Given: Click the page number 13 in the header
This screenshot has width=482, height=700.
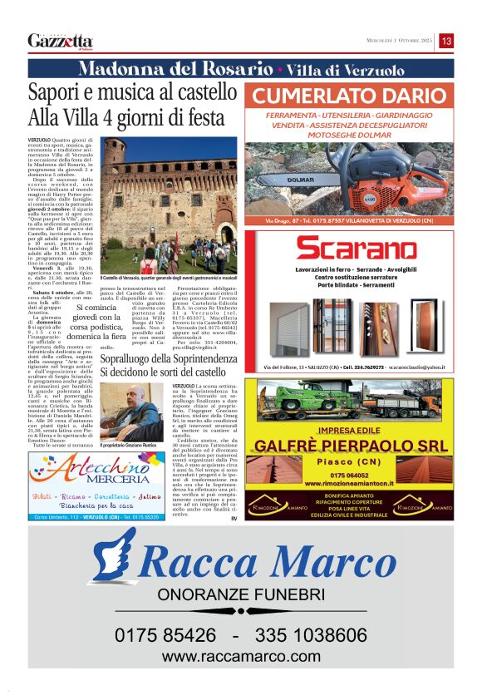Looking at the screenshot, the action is point(446,41).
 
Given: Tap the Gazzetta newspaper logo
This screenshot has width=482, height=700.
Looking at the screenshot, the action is point(60,41).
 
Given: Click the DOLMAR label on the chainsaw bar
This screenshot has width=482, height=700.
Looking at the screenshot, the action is point(300,180).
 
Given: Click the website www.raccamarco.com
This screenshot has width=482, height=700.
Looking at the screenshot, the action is point(241,657).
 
